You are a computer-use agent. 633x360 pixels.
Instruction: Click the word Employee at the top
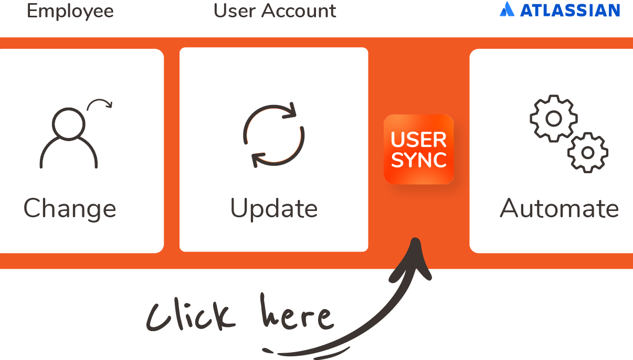coord(70,11)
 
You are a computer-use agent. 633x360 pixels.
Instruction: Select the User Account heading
coord(275,11)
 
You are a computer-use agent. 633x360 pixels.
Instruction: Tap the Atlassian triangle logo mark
coord(507,9)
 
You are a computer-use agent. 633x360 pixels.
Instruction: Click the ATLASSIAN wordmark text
coord(570,10)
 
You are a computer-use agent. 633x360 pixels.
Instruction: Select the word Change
coord(70,209)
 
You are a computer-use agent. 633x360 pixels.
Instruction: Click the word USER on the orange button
coord(419,140)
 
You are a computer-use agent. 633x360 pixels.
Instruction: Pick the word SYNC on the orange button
coord(419,160)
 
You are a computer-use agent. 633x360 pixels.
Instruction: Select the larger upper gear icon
coord(554,119)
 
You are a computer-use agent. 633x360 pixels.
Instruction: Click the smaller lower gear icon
coord(588,152)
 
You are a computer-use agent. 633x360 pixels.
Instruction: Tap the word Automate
coord(560,209)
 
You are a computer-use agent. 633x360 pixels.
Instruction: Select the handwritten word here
coord(297,314)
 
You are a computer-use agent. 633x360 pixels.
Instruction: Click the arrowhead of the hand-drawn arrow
coord(416,255)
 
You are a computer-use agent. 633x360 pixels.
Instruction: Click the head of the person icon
coord(69,124)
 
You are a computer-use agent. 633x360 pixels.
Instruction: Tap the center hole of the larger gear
coord(554,119)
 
